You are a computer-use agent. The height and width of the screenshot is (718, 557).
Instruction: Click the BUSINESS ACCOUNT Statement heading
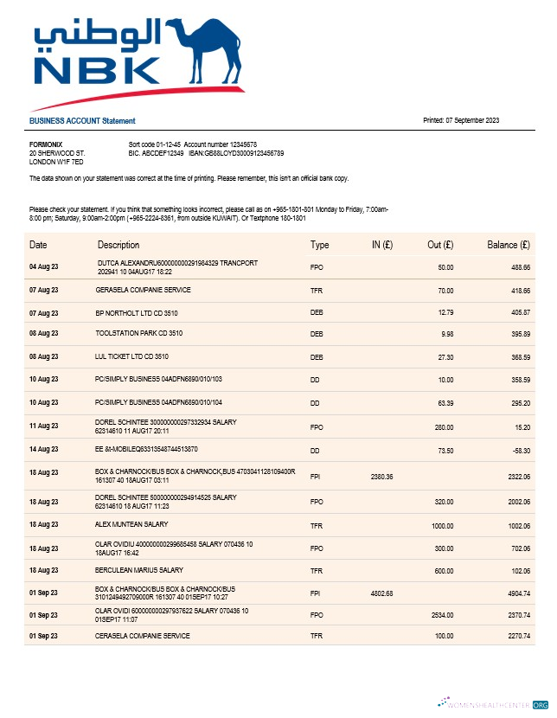pos(82,120)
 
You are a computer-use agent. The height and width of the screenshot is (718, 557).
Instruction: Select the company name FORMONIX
pos(45,144)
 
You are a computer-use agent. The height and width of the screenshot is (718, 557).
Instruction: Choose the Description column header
pos(118,246)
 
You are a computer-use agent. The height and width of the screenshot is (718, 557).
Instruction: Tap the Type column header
pos(320,246)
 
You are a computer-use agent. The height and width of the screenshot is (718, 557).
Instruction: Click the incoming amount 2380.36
pos(381,477)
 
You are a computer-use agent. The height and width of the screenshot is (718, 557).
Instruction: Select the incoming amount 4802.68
pos(381,593)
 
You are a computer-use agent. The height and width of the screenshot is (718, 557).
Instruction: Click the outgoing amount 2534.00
pos(442,615)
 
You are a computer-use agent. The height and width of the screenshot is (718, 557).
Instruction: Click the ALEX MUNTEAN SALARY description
pos(132,524)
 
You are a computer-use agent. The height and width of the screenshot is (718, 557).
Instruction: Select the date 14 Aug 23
pos(43,449)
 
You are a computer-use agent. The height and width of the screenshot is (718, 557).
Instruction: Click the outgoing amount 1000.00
pos(442,524)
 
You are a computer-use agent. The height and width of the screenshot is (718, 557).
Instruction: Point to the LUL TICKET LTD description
pos(131,356)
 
